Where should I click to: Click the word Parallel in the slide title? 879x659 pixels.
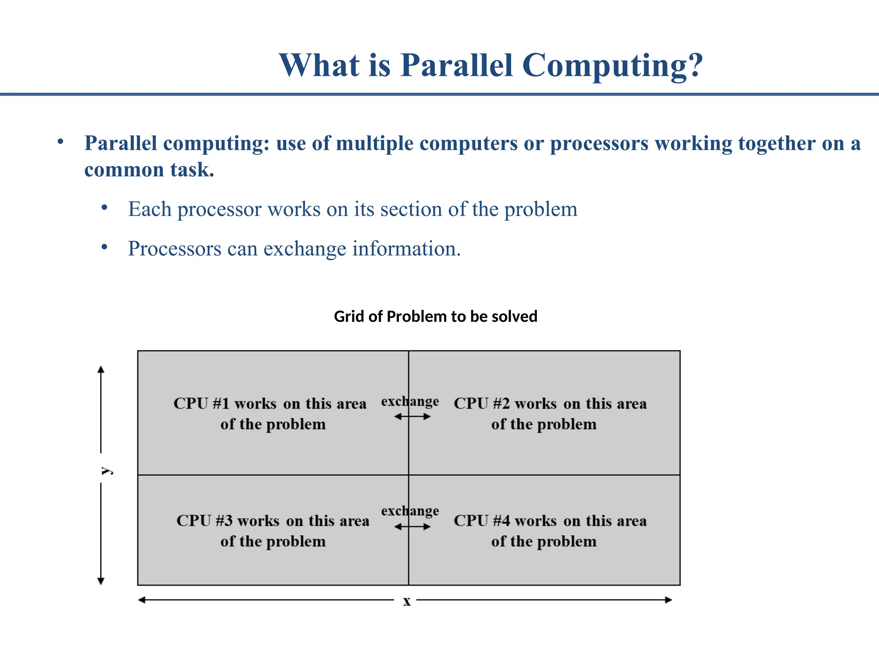pos(457,65)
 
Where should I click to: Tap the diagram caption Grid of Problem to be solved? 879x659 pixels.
pos(435,317)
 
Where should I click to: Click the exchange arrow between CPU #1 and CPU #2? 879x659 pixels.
pos(412,417)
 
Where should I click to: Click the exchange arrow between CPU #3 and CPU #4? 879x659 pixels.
pos(412,526)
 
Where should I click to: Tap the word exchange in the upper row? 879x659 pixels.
pos(410,402)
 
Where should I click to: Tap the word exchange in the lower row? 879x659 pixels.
pos(410,511)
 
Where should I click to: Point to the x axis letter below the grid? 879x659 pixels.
pos(406,602)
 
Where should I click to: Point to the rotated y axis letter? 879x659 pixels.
pos(106,471)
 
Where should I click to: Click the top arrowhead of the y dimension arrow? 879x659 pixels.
pos(101,369)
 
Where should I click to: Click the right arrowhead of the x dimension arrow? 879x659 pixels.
pos(668,600)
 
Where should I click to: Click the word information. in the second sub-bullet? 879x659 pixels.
pos(406,249)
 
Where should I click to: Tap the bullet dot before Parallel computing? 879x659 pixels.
pos(61,142)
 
